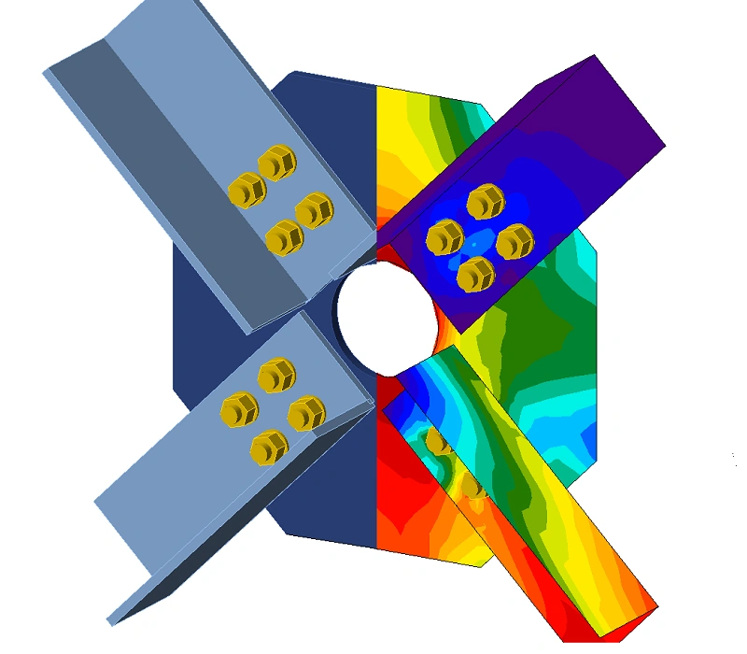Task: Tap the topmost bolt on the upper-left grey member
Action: pyautogui.click(x=276, y=163)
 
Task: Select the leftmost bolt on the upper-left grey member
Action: pyautogui.click(x=247, y=192)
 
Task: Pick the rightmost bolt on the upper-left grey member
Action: pyautogui.click(x=315, y=210)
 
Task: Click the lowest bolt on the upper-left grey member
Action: pyautogui.click(x=284, y=239)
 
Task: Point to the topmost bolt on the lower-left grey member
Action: pyautogui.click(x=275, y=376)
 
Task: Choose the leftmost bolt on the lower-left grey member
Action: pyautogui.click(x=239, y=408)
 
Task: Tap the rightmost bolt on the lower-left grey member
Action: pyautogui.click(x=306, y=413)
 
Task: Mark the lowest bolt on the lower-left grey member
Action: pyautogui.click(x=269, y=447)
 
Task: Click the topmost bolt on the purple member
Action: pyautogui.click(x=485, y=202)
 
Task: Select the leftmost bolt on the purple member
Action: pyautogui.click(x=444, y=237)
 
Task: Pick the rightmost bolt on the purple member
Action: pyautogui.click(x=514, y=243)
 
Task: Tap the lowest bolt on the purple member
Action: pyautogui.click(x=476, y=274)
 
